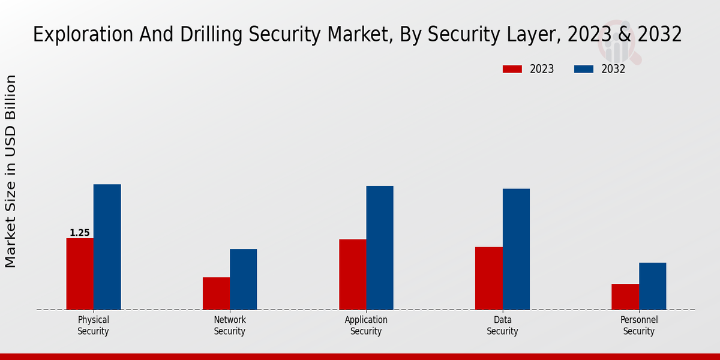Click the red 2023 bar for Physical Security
80,274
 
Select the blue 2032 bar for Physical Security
107,247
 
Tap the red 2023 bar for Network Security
216,293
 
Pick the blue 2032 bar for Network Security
243,279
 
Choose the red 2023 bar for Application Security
352,274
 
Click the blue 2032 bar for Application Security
380,248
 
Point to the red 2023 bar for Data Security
488,278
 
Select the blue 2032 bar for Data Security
516,249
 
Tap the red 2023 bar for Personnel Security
625,296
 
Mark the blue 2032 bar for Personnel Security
652,286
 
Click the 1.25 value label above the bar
80,233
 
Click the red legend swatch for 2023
512,69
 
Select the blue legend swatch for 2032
584,69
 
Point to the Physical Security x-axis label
93,325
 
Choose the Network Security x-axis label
230,325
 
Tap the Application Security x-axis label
366,325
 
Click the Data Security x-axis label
502,325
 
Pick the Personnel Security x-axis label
639,325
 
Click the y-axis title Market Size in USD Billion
11,171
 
